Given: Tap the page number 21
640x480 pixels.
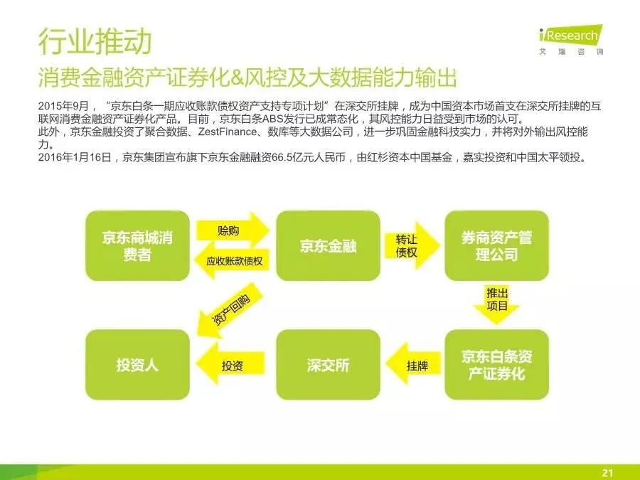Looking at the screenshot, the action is tap(607, 471).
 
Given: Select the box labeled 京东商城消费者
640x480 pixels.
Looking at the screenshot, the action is tap(137, 245).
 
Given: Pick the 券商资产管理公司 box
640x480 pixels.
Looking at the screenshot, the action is tap(496, 245).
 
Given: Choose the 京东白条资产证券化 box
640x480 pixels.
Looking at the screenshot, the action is tap(496, 365).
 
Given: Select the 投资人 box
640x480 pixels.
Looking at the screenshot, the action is tap(137, 365).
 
